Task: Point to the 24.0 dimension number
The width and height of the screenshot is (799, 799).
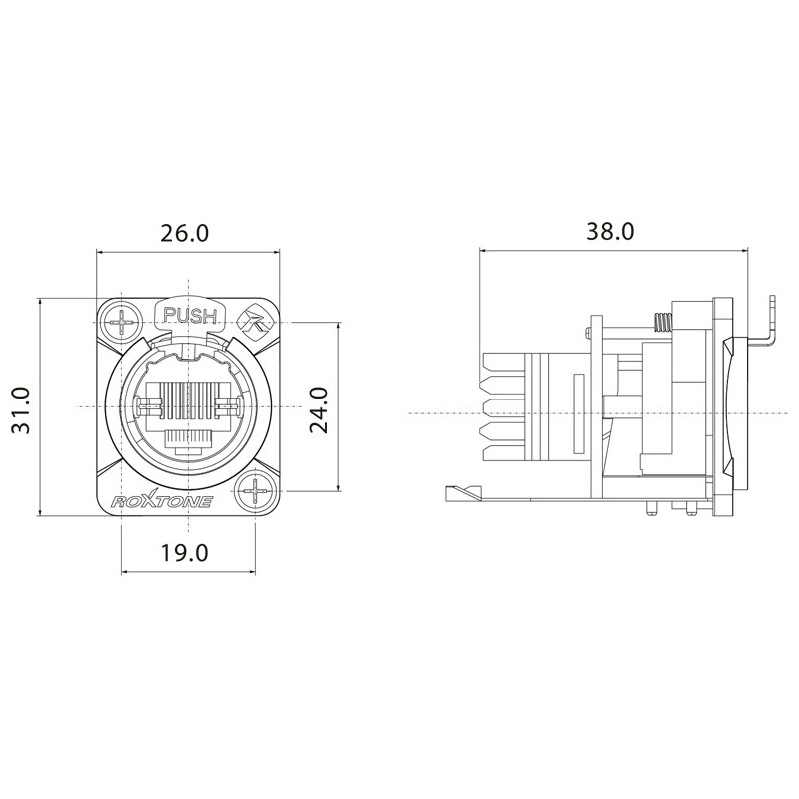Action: [x=319, y=410]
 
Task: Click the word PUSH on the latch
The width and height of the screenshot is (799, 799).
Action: [x=190, y=317]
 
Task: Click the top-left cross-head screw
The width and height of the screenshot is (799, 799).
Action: [x=124, y=323]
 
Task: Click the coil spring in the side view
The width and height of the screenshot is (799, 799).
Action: [x=660, y=322]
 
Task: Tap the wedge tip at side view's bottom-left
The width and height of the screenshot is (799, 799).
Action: [x=454, y=490]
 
